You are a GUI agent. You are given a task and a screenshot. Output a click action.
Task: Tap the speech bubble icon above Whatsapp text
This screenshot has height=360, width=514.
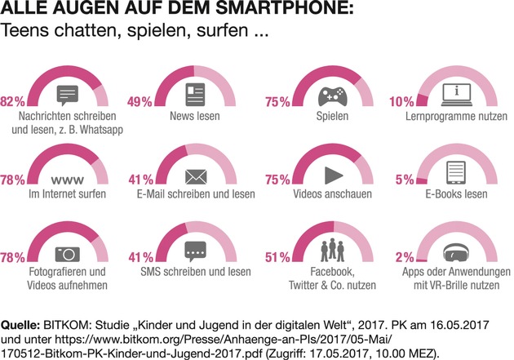69,92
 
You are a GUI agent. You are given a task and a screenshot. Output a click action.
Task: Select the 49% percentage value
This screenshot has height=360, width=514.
140,102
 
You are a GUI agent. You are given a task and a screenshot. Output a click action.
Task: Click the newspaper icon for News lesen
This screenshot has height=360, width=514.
195,93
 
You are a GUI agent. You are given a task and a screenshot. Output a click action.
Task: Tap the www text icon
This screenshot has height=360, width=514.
66,178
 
